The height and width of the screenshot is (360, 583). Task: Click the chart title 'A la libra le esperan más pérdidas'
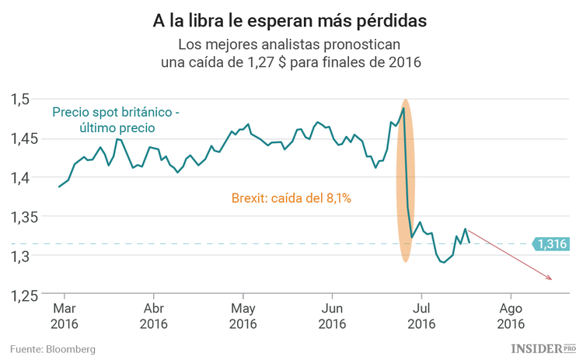tap(291, 17)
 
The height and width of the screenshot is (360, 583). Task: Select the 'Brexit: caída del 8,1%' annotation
tap(291, 198)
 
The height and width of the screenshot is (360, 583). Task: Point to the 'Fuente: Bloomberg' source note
tap(53, 349)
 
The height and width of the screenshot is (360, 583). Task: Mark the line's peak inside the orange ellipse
tap(403, 108)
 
